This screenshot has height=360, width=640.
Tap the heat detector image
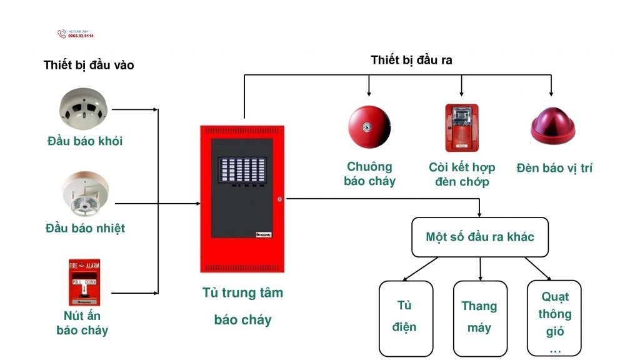[x=85, y=194]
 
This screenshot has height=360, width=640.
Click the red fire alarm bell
[x=369, y=126]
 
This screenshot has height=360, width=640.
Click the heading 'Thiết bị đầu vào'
[x=89, y=65]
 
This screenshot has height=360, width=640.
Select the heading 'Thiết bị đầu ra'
[x=411, y=60]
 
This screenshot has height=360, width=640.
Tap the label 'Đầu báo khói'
[x=85, y=141]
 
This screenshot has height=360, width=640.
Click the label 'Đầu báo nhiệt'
[x=85, y=228]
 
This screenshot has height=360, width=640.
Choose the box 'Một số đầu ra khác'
[x=479, y=237]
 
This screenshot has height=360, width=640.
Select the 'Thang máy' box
[x=479, y=317]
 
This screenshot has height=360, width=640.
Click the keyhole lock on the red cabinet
[x=279, y=199]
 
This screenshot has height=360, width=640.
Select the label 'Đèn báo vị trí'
[x=554, y=167]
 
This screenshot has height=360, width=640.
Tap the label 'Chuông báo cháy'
[x=369, y=174]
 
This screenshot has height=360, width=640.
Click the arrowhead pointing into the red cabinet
[x=197, y=204]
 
